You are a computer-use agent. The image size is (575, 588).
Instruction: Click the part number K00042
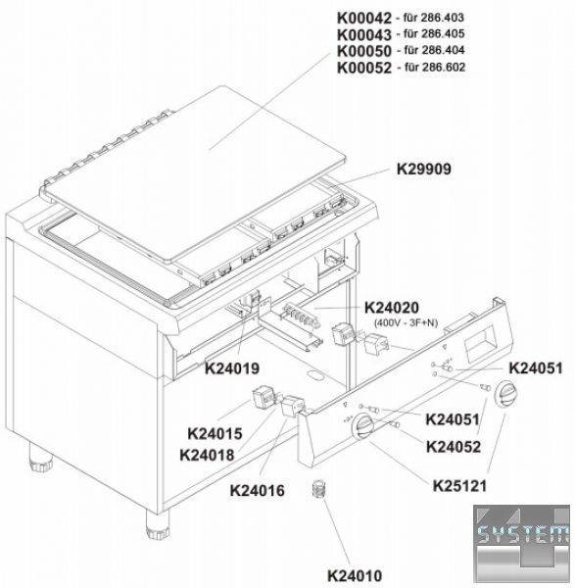click(x=364, y=18)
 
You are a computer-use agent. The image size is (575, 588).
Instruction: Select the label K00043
click(x=364, y=34)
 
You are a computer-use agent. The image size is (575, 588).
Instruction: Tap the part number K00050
click(x=364, y=51)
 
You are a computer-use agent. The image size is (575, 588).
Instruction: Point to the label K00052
click(x=364, y=68)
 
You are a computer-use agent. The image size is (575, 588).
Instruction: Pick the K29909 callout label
click(x=424, y=170)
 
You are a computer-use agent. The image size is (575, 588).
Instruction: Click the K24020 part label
click(x=391, y=308)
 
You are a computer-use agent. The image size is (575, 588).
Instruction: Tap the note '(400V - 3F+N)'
click(x=406, y=322)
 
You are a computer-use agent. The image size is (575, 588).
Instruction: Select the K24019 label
click(x=232, y=368)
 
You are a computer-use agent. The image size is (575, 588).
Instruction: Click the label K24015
click(x=215, y=434)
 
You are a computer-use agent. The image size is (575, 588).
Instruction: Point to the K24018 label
click(x=207, y=456)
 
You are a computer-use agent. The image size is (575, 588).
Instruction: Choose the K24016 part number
click(x=258, y=491)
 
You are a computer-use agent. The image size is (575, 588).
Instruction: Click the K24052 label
click(x=454, y=447)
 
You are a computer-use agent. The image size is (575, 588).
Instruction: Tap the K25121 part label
click(x=460, y=486)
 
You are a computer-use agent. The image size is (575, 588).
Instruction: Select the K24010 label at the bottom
click(x=355, y=575)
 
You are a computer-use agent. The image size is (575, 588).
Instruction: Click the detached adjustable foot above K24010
click(x=319, y=488)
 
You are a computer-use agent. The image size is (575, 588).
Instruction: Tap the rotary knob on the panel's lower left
click(x=364, y=426)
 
